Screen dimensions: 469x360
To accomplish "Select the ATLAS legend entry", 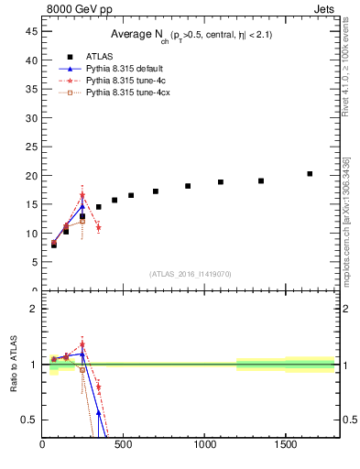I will point(99,57).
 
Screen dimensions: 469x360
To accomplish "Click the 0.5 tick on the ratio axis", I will point(29,420).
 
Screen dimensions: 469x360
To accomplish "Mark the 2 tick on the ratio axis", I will point(34,309).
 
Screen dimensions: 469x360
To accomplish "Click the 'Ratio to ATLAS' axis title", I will point(13,365).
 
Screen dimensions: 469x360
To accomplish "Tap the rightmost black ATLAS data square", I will point(310,173).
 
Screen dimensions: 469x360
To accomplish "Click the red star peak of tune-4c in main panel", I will point(82,195).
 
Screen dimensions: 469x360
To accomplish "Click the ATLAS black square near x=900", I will point(188,186).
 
